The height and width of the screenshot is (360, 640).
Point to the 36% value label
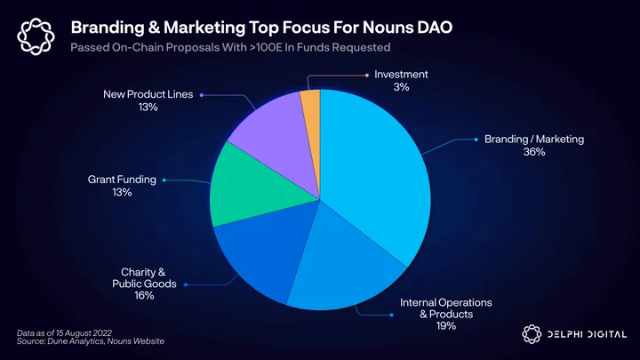(x=534, y=152)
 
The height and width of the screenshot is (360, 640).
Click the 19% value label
(x=445, y=325)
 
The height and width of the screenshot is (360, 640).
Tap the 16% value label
(x=144, y=295)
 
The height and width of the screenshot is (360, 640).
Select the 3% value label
(x=401, y=87)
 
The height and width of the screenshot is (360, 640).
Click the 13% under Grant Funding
(x=122, y=192)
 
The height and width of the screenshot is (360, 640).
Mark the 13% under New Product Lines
(x=148, y=107)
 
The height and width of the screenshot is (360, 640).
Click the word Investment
(x=401, y=75)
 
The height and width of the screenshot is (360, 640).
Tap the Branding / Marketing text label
(x=534, y=140)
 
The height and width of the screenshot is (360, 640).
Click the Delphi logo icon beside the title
(x=36, y=36)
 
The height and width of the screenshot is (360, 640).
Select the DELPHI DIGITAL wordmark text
(x=587, y=335)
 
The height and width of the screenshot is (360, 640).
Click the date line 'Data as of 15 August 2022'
(x=64, y=333)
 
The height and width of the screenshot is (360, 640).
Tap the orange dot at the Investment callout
(x=367, y=75)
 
